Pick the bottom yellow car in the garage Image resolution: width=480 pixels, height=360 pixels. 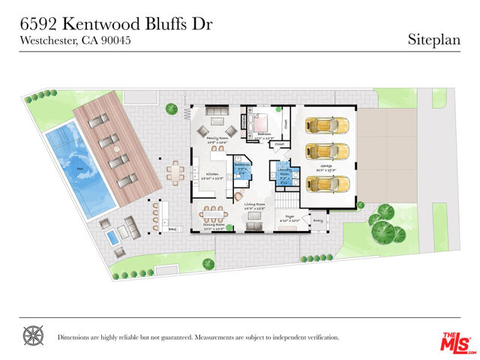[x=328, y=183]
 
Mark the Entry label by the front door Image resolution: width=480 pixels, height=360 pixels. [x=318, y=220]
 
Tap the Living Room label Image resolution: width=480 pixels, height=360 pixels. [x=255, y=204]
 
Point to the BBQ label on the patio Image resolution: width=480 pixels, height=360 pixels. [x=172, y=229]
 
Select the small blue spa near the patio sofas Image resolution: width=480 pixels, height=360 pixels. [x=112, y=238]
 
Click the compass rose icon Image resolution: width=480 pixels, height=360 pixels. [x=33, y=336]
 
